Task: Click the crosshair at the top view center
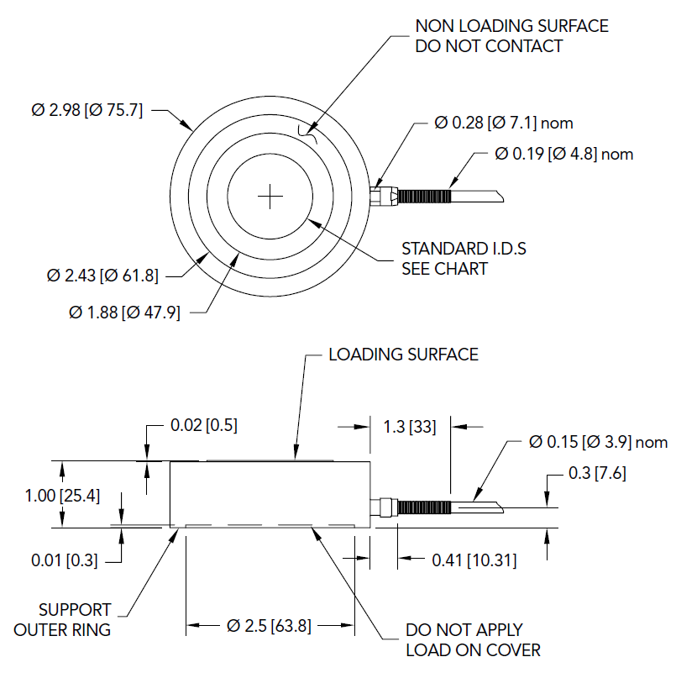(270, 197)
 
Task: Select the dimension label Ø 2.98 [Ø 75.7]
(86, 110)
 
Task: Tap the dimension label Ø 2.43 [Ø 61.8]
(103, 275)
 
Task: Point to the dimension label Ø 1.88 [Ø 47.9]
(124, 313)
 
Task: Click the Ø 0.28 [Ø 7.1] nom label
(504, 123)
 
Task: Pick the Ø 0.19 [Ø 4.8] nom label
(564, 154)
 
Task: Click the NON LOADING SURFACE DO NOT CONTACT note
(511, 36)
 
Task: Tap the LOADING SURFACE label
(403, 354)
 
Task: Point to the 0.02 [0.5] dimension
(204, 425)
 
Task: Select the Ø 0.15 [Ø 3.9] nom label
(599, 442)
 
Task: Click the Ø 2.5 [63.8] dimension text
(269, 626)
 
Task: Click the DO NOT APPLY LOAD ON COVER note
(473, 639)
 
